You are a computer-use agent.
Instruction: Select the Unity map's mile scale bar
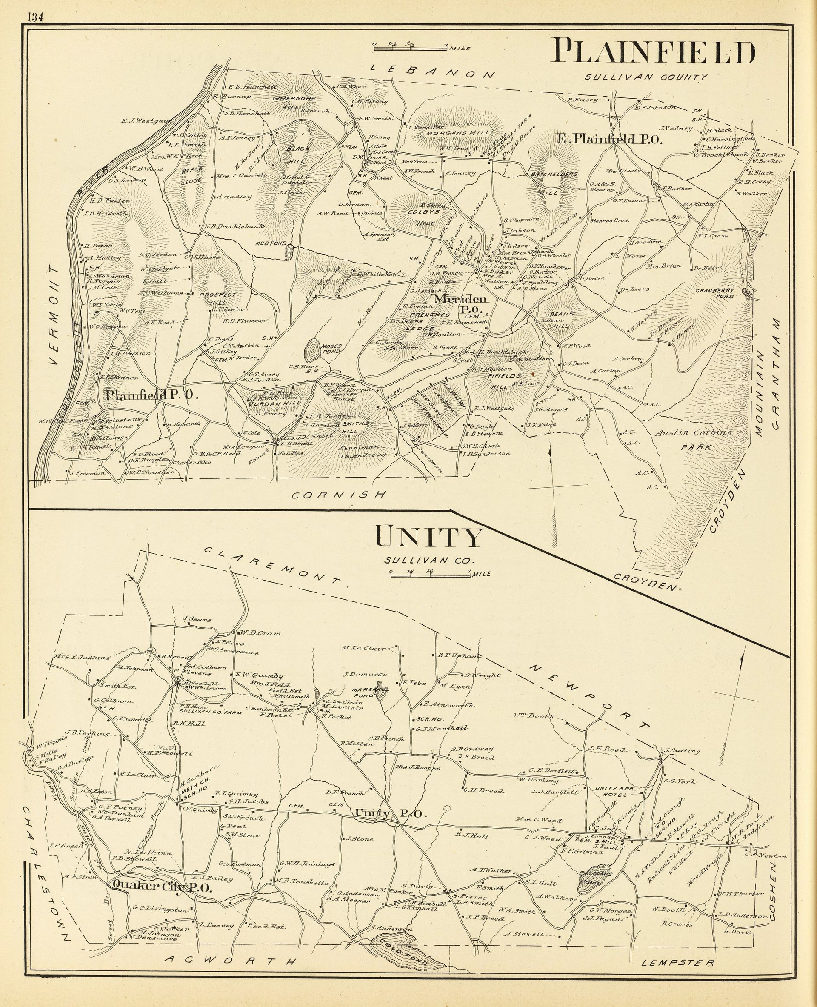point(430,573)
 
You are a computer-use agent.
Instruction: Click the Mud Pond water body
point(289,252)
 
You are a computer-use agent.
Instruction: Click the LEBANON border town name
point(433,71)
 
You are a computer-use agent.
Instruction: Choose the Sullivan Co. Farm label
point(210,713)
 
